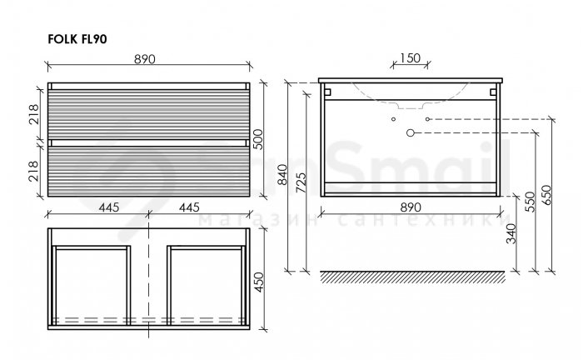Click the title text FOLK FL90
pyautogui.click(x=77, y=39)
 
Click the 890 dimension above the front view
pyautogui.click(x=145, y=59)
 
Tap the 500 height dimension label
pyautogui.click(x=257, y=139)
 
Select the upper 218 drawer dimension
pyautogui.click(x=33, y=114)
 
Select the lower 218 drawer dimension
pyautogui.click(x=33, y=171)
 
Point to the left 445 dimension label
pyautogui.click(x=109, y=207)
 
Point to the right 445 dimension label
pyautogui.click(x=189, y=207)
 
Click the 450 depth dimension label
pyautogui.click(x=258, y=282)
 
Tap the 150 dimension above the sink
pyautogui.click(x=411, y=58)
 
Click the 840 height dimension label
pyautogui.click(x=282, y=174)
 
